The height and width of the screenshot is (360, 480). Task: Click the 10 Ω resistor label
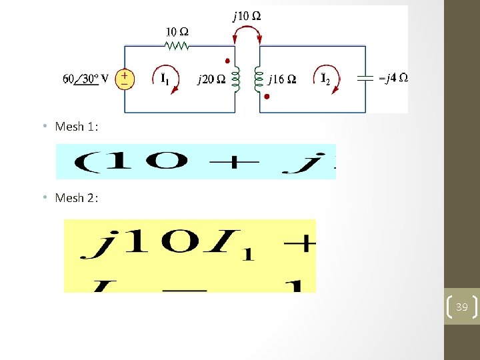pos(177,31)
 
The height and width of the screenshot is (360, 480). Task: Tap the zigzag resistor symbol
pos(177,45)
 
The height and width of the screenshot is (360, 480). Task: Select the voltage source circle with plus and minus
pos(125,79)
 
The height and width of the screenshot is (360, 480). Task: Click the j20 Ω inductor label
pos(211,80)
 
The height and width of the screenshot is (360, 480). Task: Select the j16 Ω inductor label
pos(282,80)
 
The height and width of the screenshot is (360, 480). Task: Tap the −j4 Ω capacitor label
pos(393,77)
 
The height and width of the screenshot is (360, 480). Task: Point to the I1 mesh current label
pos(165,79)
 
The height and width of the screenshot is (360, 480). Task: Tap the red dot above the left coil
pos(227,61)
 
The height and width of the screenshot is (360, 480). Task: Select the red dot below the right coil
pos(267,97)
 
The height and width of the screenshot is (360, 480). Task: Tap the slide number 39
pos(461,307)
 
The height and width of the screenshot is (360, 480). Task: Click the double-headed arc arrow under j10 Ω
pos(247,30)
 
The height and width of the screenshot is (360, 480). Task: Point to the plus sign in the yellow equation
pos(304,244)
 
